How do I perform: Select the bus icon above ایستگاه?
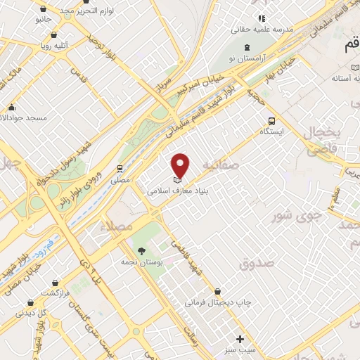(271, 120)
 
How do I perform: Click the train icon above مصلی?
(120, 169)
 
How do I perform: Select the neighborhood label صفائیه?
(221, 164)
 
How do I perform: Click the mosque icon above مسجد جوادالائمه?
(11, 108)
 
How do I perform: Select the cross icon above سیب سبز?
(240, 338)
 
